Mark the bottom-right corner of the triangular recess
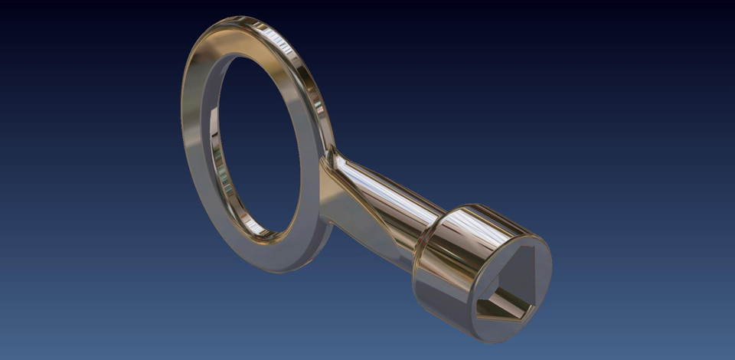534,309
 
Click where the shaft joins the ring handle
329,165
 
